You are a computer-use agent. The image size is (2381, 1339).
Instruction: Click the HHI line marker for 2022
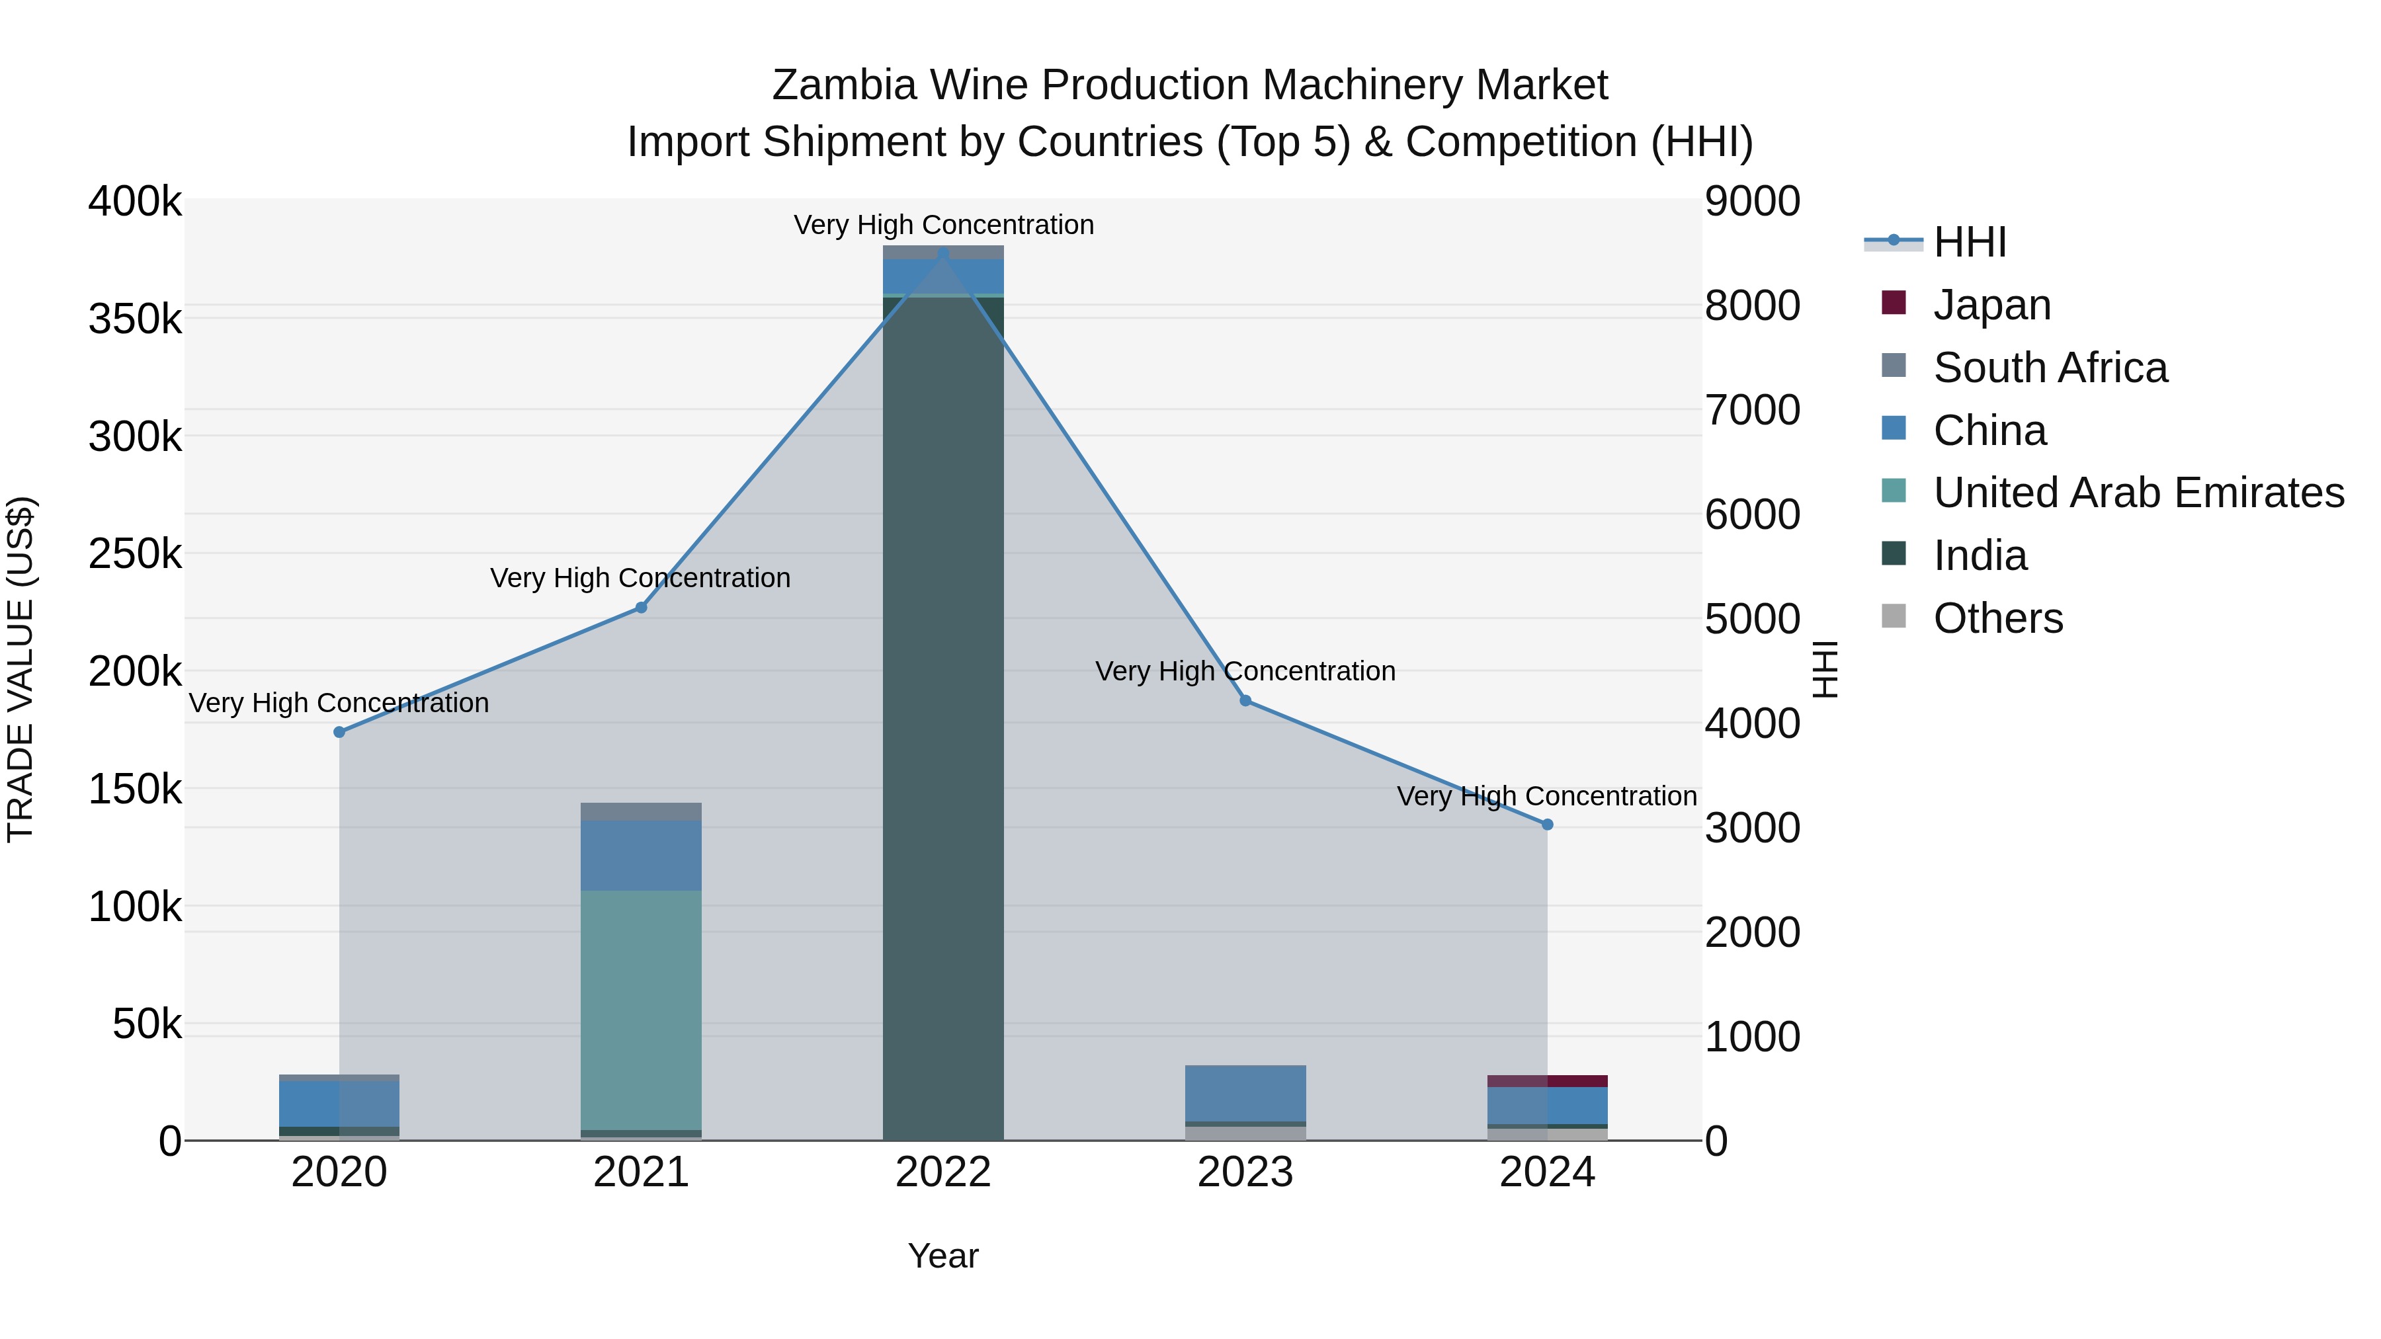942,253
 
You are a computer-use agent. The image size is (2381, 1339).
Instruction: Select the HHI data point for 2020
339,732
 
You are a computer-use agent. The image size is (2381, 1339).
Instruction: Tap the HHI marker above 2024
1547,825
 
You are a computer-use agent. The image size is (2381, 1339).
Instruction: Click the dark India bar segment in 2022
942,721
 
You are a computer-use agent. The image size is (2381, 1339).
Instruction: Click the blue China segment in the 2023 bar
1245,1093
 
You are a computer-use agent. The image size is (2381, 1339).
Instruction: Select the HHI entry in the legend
1969,242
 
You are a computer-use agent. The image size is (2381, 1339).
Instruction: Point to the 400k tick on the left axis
135,202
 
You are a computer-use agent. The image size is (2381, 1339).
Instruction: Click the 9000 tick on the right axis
1751,202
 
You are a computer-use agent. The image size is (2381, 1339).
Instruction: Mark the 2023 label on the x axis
1245,1172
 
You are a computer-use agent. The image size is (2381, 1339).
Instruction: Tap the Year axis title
942,1256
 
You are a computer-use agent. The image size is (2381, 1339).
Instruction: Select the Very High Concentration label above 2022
942,225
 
